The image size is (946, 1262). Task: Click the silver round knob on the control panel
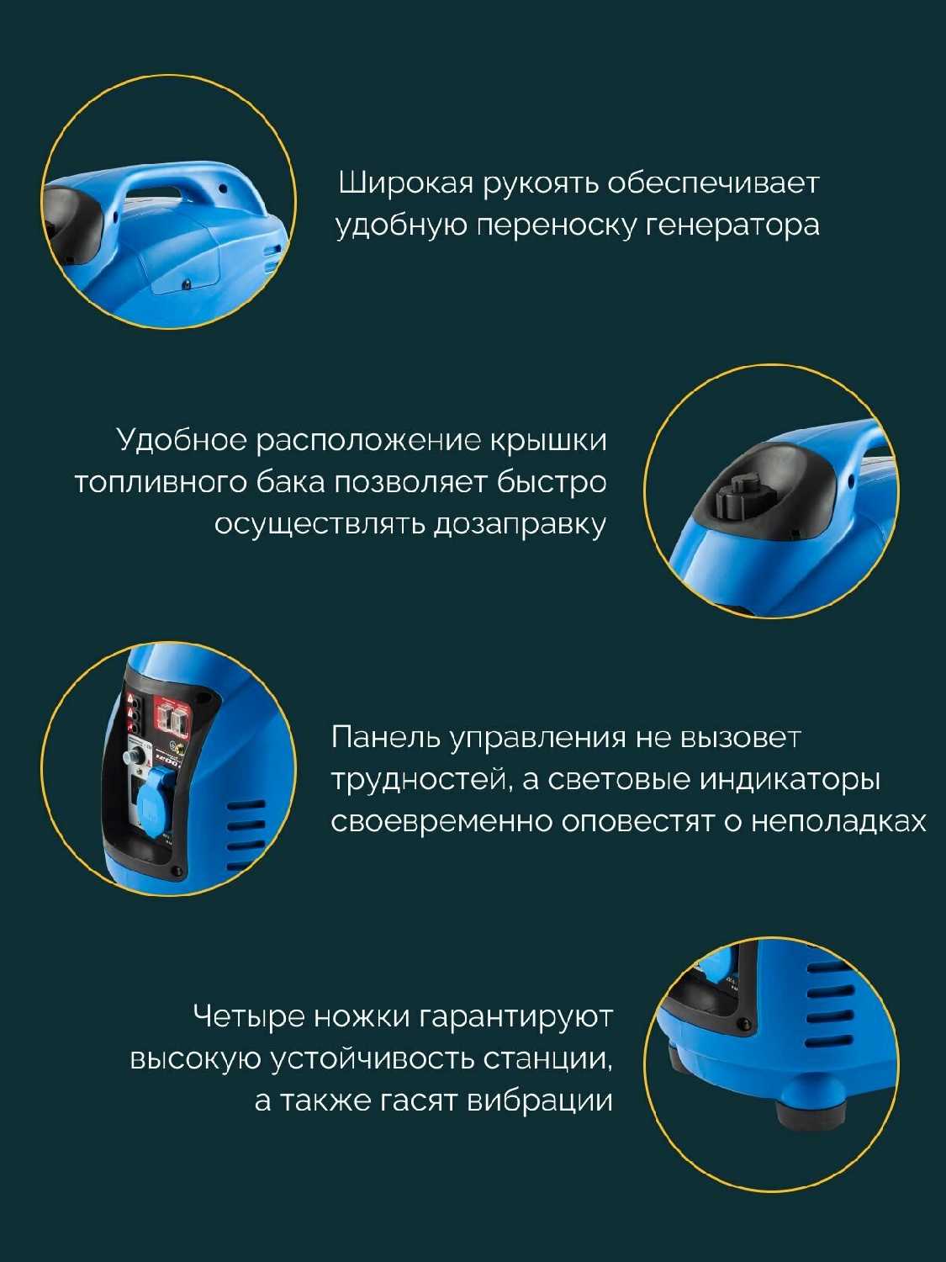pos(136,753)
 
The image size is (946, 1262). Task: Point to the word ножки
pos(362,1016)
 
